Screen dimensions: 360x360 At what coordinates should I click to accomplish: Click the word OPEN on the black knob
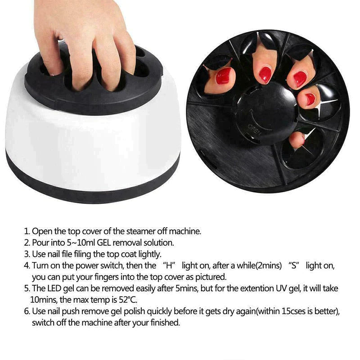254,130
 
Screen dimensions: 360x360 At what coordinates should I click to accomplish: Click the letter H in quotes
169,265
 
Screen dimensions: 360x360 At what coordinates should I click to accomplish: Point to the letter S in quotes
294,265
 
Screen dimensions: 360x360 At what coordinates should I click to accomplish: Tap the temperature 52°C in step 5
128,300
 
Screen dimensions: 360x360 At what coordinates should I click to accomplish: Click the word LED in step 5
54,288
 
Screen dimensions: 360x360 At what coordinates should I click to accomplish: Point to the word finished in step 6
165,323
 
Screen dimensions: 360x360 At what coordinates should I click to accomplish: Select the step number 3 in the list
27,254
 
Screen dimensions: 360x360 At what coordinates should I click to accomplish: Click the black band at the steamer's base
92,184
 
